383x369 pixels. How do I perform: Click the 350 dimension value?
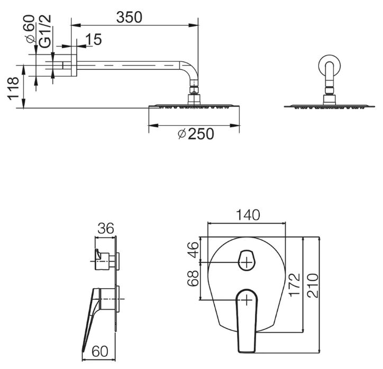[x=129, y=17]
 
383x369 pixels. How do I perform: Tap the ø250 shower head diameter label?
[x=196, y=134]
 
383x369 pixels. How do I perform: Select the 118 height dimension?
[x=13, y=88]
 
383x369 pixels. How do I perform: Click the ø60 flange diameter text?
[x=29, y=29]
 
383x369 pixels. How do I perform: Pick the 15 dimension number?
[x=94, y=40]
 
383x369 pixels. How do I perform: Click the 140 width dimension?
[x=248, y=215]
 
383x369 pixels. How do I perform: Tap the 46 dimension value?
[x=193, y=250]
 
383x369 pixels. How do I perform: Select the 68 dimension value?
[x=193, y=278]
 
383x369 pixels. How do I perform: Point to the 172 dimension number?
[x=294, y=284]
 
